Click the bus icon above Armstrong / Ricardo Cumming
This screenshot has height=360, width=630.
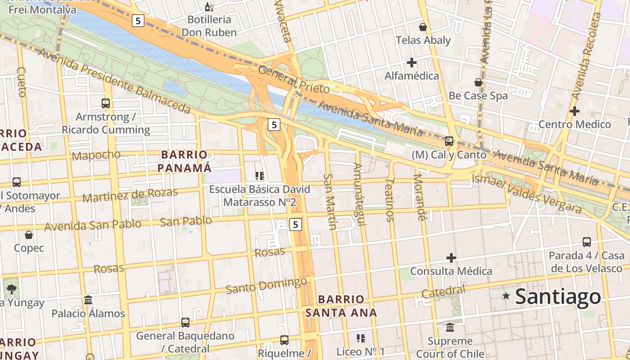click(106, 103)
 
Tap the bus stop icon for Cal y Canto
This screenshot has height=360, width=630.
click(449, 141)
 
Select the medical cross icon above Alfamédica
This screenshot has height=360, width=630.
click(411, 63)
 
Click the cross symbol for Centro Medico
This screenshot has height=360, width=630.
click(574, 111)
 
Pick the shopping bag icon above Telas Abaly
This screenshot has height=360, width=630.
click(423, 27)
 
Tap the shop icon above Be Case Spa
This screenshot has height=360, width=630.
click(478, 82)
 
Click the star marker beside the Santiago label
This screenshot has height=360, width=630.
click(506, 296)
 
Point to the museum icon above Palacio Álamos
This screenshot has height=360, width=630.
click(88, 300)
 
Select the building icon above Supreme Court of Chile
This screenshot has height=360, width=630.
click(450, 327)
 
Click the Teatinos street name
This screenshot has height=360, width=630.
click(390, 199)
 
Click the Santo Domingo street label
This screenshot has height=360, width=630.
click(266, 286)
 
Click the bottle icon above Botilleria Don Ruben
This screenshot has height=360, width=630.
click(209, 7)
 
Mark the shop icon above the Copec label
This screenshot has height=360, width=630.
click(29, 235)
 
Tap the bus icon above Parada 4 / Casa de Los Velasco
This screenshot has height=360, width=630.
click(587, 242)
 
